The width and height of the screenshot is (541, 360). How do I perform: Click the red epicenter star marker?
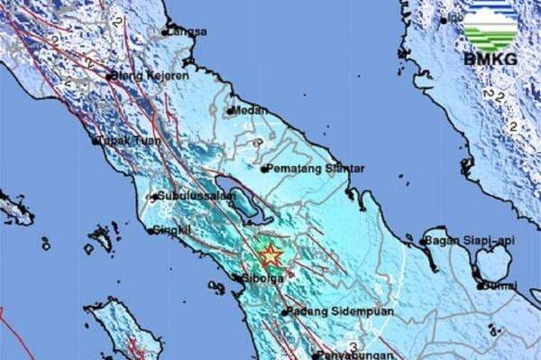tap(270, 255)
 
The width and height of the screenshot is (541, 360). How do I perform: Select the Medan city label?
tap(247, 110)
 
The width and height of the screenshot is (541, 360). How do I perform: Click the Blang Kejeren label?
tap(153, 76)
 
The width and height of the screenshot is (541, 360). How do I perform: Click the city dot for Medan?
tap(230, 111)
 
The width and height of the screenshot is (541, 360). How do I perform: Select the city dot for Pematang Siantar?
tap(264, 168)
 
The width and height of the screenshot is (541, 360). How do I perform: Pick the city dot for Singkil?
tap(151, 230)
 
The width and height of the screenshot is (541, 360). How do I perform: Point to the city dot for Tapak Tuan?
tap(95, 142)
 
